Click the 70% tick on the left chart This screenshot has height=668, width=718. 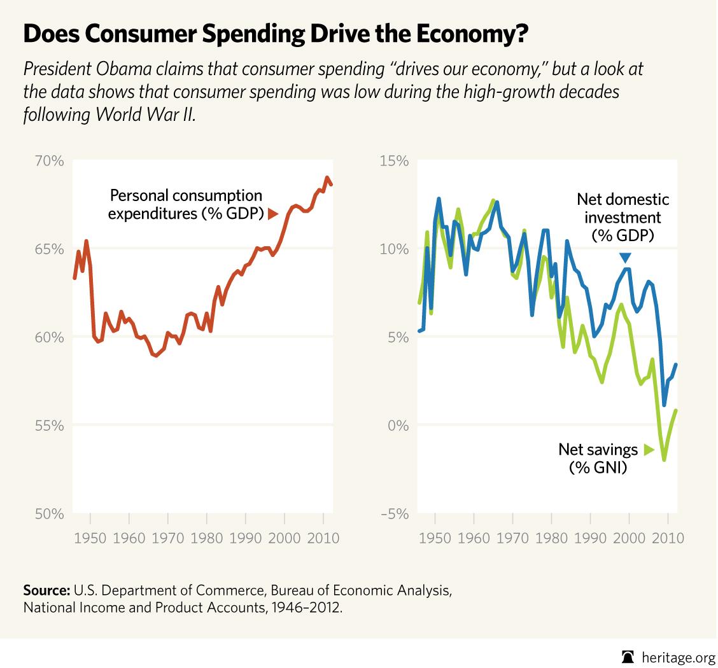pyautogui.click(x=49, y=160)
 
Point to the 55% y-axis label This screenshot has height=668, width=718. pyautogui.click(x=49, y=425)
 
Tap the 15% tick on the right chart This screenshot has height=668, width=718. pyautogui.click(x=395, y=160)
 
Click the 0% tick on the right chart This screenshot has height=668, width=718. pyautogui.click(x=398, y=425)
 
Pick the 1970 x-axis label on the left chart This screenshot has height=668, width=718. pyautogui.click(x=168, y=538)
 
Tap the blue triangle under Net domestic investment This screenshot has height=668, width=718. pyautogui.click(x=625, y=258)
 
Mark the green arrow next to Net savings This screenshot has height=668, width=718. pyautogui.click(x=648, y=450)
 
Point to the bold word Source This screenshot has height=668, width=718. pyautogui.click(x=46, y=590)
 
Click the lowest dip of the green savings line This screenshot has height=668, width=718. pyautogui.click(x=664, y=459)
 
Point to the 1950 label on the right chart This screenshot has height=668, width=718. pyautogui.click(x=436, y=538)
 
